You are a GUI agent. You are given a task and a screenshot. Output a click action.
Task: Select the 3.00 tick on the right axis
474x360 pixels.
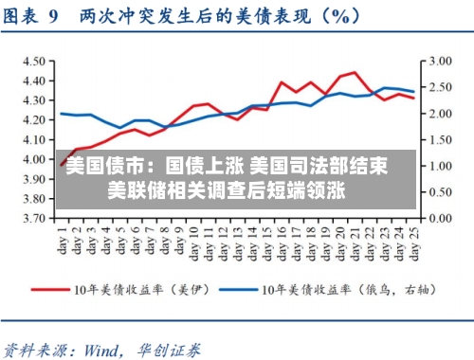[x=441, y=60]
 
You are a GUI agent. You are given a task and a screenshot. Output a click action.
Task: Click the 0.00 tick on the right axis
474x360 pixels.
[x=441, y=218]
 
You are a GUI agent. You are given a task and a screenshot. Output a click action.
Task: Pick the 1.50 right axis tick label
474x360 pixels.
[x=441, y=139]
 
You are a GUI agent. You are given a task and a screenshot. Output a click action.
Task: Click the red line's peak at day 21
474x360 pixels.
[x=355, y=72]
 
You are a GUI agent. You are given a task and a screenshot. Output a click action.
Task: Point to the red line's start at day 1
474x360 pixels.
[x=63, y=165]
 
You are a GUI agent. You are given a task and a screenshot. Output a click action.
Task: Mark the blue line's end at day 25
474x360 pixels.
[x=414, y=92]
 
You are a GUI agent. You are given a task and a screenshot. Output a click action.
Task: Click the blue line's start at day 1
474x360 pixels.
[x=63, y=114]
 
